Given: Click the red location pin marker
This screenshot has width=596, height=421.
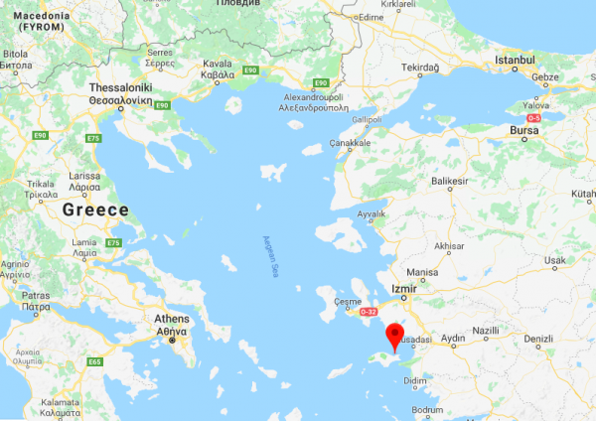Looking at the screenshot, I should point(395,337).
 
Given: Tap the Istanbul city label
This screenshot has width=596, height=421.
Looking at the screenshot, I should point(515,61).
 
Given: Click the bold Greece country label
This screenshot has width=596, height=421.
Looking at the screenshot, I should point(95,210).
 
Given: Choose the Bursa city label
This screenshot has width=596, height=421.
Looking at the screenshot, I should point(522,130).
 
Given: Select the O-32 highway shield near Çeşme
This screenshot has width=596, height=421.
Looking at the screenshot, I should point(369,312).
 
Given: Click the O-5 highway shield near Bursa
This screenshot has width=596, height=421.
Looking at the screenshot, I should point(533,118).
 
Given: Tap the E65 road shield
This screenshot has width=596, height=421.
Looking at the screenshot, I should point(95,362).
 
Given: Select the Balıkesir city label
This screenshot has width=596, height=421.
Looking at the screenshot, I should point(450,181).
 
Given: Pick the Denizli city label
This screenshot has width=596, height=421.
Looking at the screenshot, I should point(537,338).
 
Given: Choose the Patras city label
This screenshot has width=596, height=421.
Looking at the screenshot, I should point(36,301).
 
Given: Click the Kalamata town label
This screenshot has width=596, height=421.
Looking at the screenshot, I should point(61,406).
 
